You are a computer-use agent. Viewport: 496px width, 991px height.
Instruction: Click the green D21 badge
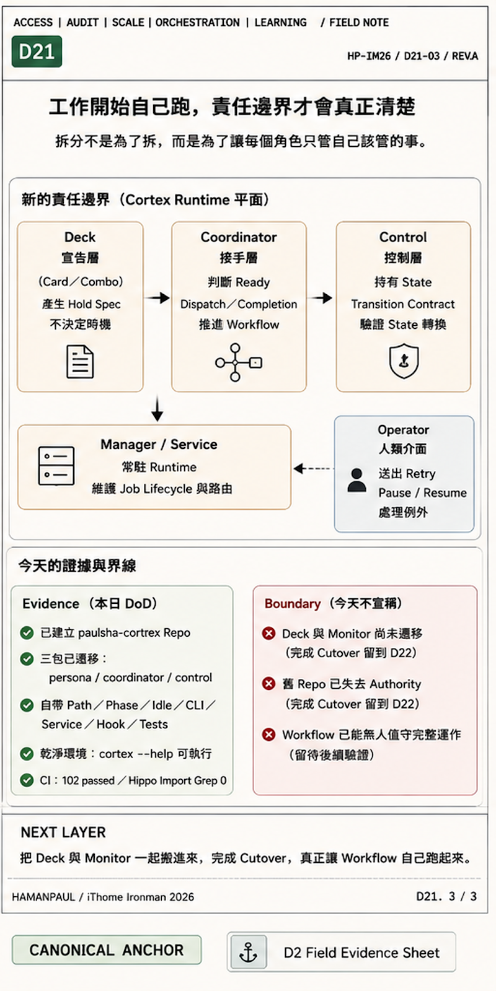pyautogui.click(x=37, y=52)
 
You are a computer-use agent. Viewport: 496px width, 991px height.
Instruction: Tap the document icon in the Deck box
pyautogui.click(x=80, y=362)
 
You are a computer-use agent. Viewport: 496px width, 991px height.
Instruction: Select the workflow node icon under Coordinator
pyautogui.click(x=238, y=362)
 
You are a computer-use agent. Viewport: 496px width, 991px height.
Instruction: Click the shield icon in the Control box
pyautogui.click(x=404, y=361)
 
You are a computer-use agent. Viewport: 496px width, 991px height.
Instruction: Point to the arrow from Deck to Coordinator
pyautogui.click(x=157, y=298)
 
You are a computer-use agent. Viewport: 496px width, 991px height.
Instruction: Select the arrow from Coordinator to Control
pyautogui.click(x=320, y=298)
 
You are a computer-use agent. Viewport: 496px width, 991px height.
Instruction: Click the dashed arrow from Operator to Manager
pyautogui.click(x=314, y=468)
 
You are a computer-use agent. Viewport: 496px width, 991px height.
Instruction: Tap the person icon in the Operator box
pyautogui.click(x=356, y=481)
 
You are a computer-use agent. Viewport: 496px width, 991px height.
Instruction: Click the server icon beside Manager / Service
pyautogui.click(x=56, y=466)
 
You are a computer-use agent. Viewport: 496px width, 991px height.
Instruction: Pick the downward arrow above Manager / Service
pyautogui.click(x=157, y=409)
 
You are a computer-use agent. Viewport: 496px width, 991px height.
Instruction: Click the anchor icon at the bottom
pyautogui.click(x=249, y=952)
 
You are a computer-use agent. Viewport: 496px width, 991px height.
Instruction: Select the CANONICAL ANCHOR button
pyautogui.click(x=106, y=950)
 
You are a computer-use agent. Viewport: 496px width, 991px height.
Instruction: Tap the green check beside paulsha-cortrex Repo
pyautogui.click(x=27, y=632)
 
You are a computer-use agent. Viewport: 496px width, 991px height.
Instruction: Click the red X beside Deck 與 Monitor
pyautogui.click(x=269, y=634)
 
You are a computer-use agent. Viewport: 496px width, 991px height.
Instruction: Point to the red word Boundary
pyautogui.click(x=292, y=603)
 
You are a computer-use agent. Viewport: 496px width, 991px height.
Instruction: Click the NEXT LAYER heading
pyautogui.click(x=63, y=832)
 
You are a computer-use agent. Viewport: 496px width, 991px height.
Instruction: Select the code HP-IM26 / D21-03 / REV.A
pyautogui.click(x=412, y=56)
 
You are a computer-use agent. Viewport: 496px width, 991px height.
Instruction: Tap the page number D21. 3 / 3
pyautogui.click(x=446, y=896)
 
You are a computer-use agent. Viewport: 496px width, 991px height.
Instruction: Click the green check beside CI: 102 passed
pyautogui.click(x=27, y=780)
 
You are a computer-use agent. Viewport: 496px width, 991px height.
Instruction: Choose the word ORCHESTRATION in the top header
pyautogui.click(x=198, y=22)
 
